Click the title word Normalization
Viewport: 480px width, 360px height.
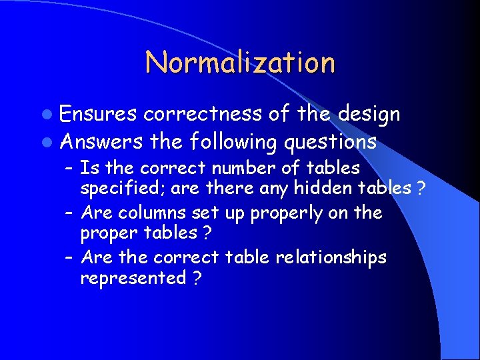(x=240, y=63)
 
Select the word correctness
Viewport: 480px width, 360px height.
(x=203, y=115)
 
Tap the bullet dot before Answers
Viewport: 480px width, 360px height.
(x=51, y=142)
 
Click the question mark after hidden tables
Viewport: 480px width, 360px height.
(x=421, y=189)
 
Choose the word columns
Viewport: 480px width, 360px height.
(x=148, y=213)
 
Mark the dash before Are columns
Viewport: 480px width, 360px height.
(x=69, y=213)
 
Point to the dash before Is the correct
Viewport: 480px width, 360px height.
(x=69, y=168)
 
